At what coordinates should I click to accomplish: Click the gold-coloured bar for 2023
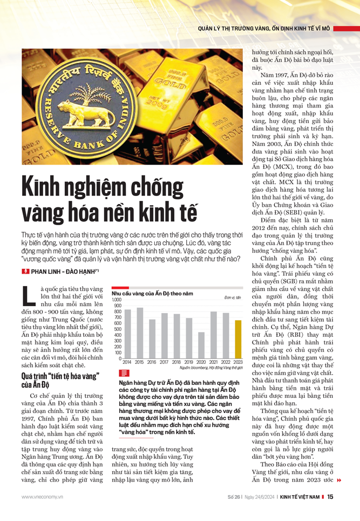tap(238, 339)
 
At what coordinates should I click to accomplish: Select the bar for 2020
tap(201, 345)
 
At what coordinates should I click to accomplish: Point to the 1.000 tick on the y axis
tap(117, 300)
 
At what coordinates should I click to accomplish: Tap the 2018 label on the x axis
tap(176, 362)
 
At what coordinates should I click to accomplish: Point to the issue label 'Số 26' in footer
tap(234, 497)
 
